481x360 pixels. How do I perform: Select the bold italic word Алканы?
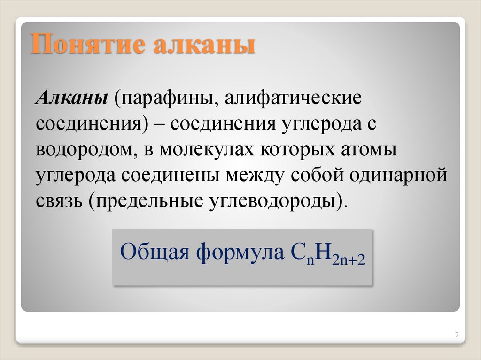coord(70,99)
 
